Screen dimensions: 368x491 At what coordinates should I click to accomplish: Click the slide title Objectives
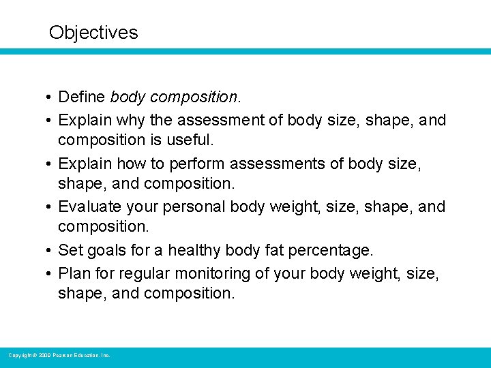pos(93,33)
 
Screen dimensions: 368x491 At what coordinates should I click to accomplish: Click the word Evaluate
pos(89,206)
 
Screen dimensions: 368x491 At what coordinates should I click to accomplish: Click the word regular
pos(145,273)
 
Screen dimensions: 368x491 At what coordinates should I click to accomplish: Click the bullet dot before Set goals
pos(50,251)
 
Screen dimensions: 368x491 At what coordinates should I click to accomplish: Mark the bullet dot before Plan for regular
pos(50,273)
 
